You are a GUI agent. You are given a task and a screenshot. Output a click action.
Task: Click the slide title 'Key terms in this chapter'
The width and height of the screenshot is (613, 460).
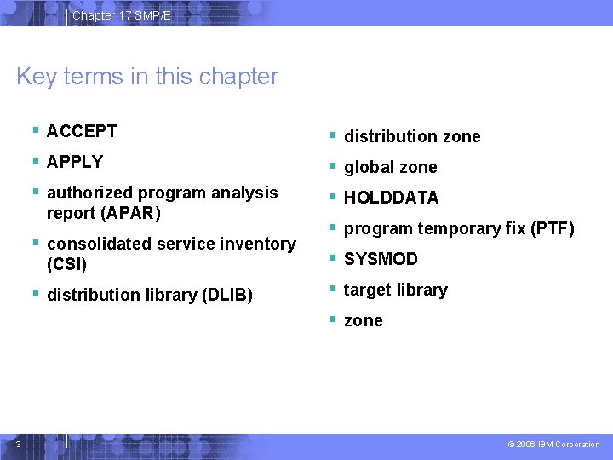click(146, 77)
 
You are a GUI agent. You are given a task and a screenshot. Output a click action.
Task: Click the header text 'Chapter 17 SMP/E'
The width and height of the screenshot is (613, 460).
click(121, 15)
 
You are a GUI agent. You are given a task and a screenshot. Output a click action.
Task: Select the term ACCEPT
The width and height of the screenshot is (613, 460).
click(82, 131)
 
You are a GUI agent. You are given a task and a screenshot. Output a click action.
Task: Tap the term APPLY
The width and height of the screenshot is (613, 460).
click(75, 162)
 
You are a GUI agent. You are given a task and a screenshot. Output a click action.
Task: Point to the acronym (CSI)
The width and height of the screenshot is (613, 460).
click(66, 264)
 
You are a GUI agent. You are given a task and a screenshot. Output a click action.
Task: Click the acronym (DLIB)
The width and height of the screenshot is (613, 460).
click(226, 296)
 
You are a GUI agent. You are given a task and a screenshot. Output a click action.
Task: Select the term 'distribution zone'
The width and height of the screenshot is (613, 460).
click(412, 136)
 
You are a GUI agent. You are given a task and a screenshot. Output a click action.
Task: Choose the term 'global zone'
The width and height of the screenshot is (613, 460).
click(390, 167)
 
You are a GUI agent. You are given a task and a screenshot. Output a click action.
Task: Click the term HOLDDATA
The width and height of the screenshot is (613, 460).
click(391, 198)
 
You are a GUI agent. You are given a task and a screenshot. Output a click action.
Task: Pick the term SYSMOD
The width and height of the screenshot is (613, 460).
click(381, 259)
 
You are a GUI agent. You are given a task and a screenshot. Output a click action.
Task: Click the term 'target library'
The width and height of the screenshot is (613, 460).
click(395, 290)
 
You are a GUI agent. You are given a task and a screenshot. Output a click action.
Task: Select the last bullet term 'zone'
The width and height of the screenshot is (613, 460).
click(363, 320)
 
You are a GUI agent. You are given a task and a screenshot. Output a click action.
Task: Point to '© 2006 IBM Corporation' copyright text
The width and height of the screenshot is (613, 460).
click(553, 444)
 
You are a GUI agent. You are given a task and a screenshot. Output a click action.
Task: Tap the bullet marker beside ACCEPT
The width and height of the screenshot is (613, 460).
click(36, 130)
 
